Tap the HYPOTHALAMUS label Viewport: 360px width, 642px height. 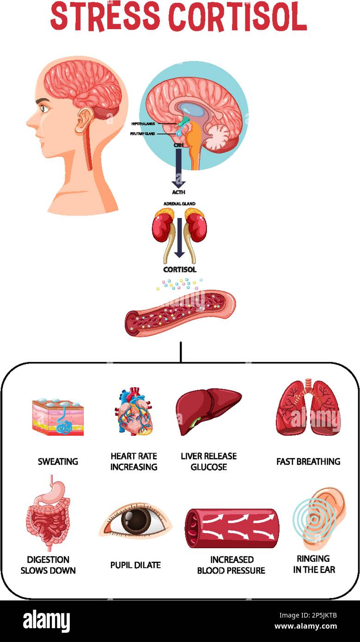tap(143, 124)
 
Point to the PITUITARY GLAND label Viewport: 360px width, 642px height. tap(143, 134)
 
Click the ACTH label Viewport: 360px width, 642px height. tap(178, 192)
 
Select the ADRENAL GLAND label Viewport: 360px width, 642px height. tap(179, 204)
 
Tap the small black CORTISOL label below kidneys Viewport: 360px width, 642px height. tap(179, 269)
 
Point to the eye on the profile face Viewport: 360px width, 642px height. tap(45, 108)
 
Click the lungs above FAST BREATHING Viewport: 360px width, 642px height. tap(308, 409)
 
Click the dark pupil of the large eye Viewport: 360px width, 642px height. tap(136, 521)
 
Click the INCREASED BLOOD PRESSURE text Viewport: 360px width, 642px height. tap(231, 565)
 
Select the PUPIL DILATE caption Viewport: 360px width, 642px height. tap(135, 565)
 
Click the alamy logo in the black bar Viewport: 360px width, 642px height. tap(47, 621)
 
